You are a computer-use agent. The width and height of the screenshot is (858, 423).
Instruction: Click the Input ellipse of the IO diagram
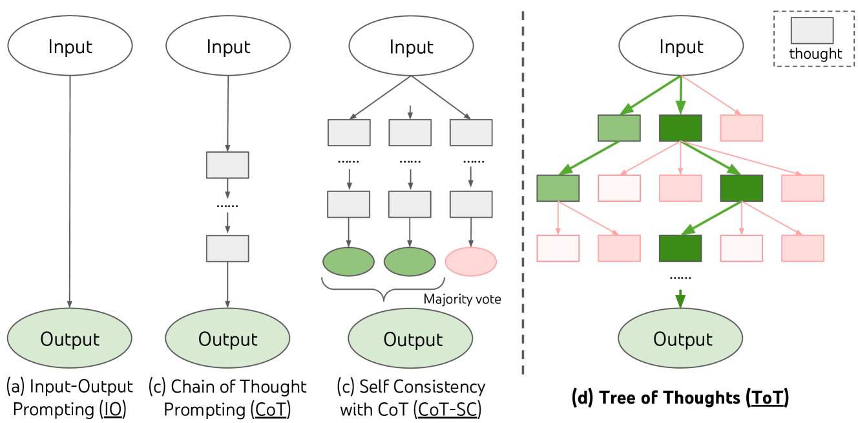coord(70,47)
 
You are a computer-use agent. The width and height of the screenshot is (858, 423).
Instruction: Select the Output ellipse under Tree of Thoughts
coord(682,339)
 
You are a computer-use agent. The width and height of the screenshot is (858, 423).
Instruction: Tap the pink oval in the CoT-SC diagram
coord(471,262)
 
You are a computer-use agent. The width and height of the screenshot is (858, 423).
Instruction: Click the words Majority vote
coord(462,299)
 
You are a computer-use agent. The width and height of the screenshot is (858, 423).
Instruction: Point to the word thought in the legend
coord(815,54)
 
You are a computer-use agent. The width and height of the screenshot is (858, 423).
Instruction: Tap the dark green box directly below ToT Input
coord(680,128)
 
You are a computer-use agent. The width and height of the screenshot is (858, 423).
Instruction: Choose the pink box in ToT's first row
coord(742,128)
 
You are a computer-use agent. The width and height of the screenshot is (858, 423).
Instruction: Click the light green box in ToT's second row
coord(558,188)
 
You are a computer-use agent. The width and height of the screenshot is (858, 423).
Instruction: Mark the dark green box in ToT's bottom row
coord(680,248)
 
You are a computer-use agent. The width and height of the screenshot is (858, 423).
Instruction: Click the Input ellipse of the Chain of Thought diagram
coord(227,47)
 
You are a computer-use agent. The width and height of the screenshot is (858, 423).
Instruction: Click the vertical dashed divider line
coord(523,194)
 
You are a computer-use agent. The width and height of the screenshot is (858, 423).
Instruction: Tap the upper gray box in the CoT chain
coord(227,164)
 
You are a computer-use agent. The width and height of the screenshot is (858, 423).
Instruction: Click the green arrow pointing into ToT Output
coord(680,303)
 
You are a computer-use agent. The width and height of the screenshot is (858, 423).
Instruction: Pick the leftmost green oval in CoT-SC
coord(348,262)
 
